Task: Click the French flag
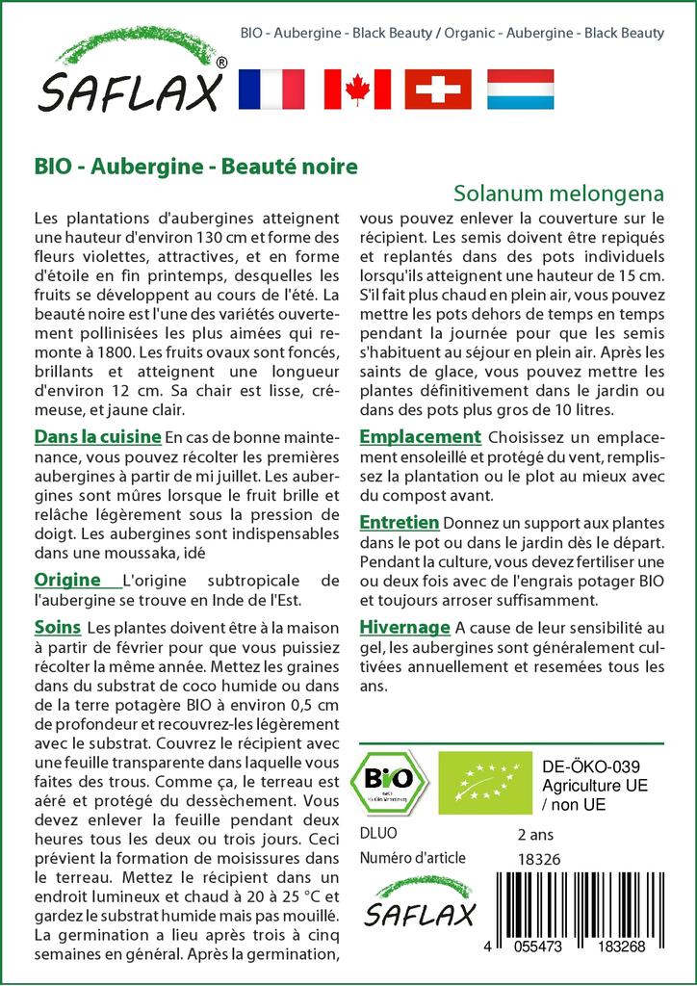pos(271,89)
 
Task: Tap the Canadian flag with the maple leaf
pos(357,89)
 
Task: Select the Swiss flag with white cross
pos(438,89)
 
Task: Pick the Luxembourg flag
pos(520,89)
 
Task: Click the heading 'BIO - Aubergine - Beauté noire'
pos(195,166)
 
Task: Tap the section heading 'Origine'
pos(67,580)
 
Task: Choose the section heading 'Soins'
pos(57,627)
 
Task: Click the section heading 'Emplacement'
pos(420,437)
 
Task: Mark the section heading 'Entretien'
pos(399,522)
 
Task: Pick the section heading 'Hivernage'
pos(404,627)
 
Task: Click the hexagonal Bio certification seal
pos(393,781)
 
